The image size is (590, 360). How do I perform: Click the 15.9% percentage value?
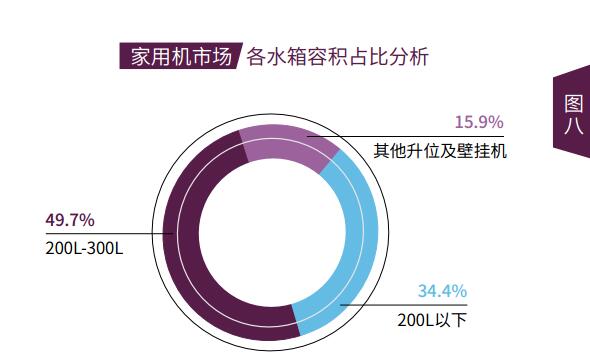(478, 122)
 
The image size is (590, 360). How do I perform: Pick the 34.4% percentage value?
(442, 292)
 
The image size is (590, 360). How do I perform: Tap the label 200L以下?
(432, 321)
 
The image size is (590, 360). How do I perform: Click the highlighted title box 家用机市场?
(175, 57)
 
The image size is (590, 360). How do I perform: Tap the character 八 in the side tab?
(573, 126)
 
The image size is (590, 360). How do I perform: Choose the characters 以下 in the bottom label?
(454, 321)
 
